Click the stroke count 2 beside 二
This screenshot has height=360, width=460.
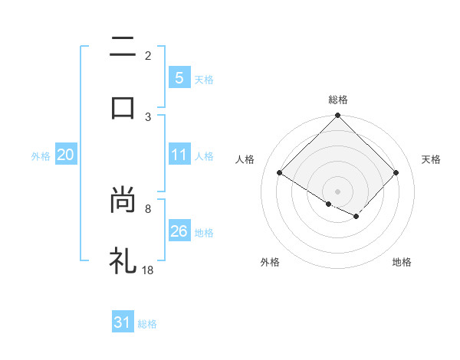tap(148, 56)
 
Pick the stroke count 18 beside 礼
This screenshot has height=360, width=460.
tap(149, 269)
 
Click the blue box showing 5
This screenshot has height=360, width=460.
tap(179, 78)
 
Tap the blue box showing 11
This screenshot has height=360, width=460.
tap(179, 155)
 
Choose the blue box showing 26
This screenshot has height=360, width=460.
tap(179, 231)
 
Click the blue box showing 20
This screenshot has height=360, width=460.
tap(66, 155)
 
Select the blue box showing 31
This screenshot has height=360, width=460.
tap(123, 322)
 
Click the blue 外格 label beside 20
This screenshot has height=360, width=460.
tap(41, 156)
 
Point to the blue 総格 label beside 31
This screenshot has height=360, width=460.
tap(147, 324)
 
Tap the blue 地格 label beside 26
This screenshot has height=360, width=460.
tap(204, 233)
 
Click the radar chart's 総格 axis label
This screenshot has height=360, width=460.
tap(338, 100)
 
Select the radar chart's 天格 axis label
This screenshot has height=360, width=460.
tap(431, 159)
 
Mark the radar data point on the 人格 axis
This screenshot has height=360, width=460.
tap(280, 172)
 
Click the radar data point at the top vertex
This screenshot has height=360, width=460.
tap(338, 116)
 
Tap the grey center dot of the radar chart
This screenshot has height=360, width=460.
tap(338, 191)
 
